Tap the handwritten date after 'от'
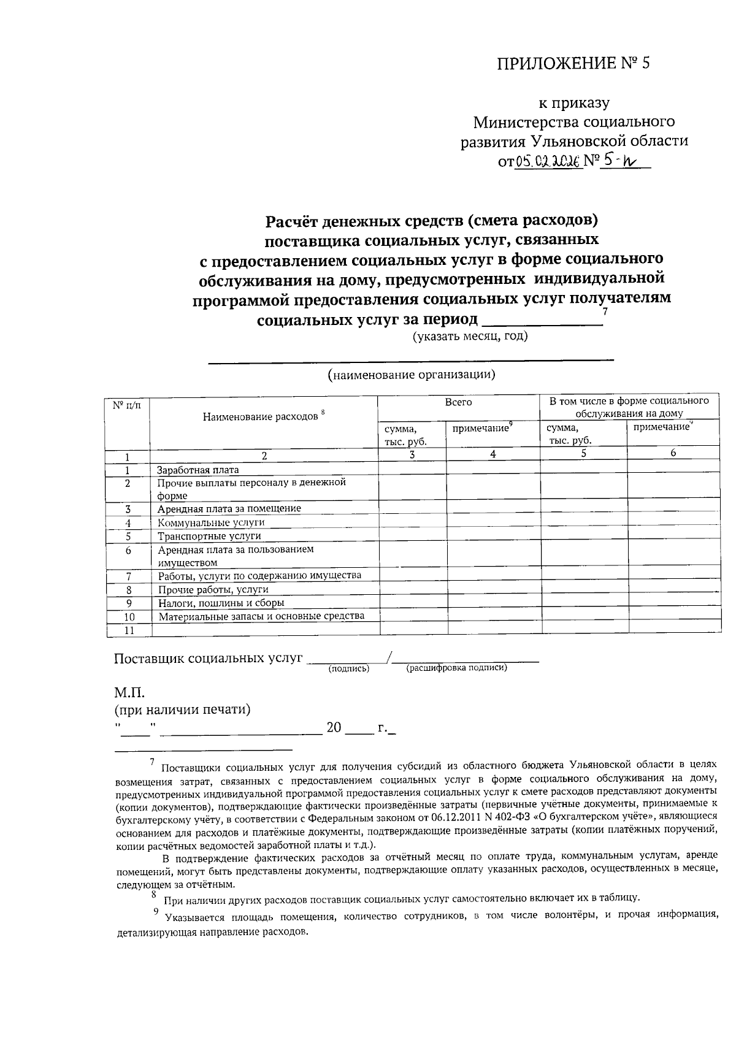click(548, 162)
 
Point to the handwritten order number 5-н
click(619, 161)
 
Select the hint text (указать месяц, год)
click(470, 336)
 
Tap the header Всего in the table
click(458, 402)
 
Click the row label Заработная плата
click(198, 470)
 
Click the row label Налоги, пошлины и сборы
click(221, 603)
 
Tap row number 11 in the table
click(128, 630)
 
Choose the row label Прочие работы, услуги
click(213, 589)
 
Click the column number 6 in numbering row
click(673, 453)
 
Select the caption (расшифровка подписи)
click(456, 668)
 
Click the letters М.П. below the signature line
click(129, 693)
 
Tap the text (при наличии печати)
click(183, 710)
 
